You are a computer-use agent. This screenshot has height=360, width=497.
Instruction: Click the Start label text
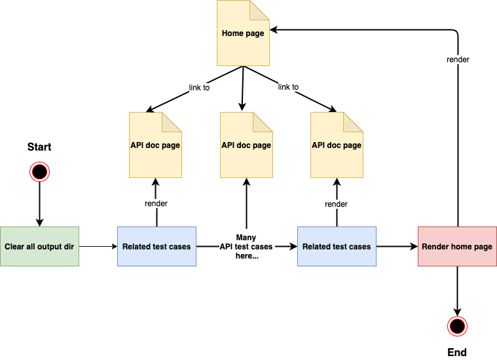click(x=39, y=147)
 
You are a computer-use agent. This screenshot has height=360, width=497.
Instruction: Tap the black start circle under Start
click(x=40, y=171)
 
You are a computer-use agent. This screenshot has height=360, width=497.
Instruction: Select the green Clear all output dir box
click(x=40, y=247)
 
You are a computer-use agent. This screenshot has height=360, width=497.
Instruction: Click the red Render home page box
click(x=457, y=247)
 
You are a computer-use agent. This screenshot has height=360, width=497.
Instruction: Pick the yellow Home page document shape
click(x=243, y=33)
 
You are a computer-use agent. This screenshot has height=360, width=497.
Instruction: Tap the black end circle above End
click(x=457, y=326)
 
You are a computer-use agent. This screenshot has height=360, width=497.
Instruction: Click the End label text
click(x=457, y=352)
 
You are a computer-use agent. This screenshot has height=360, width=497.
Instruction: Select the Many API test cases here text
click(x=246, y=247)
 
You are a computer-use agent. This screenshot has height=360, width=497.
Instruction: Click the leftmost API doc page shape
click(x=155, y=145)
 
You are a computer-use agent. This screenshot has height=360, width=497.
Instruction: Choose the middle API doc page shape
click(x=246, y=145)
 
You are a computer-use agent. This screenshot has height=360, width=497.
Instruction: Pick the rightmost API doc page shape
click(x=337, y=145)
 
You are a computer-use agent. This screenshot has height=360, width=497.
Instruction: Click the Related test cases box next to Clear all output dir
click(x=157, y=247)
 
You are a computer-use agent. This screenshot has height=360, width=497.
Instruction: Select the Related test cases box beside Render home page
click(x=337, y=247)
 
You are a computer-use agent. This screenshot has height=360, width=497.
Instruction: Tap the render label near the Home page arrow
click(x=458, y=60)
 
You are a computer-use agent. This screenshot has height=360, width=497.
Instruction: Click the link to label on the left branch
click(x=199, y=88)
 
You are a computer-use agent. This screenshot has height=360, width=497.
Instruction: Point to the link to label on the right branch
click(x=288, y=87)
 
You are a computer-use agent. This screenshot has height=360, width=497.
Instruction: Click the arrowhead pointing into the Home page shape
click(x=274, y=30)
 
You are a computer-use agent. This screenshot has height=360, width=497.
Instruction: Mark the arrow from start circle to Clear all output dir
click(x=40, y=204)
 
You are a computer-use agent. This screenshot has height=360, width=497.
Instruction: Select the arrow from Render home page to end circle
click(x=457, y=291)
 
